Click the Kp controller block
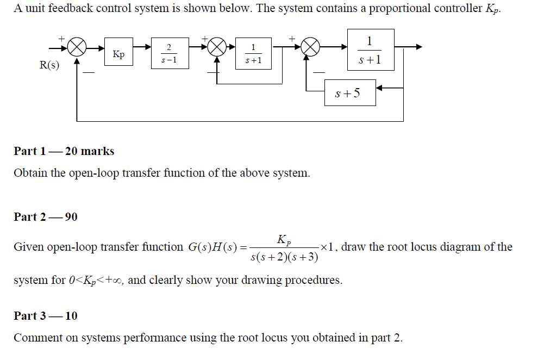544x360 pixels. click(118, 54)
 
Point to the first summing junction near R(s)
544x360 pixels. click(77, 48)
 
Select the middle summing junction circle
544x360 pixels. click(217, 48)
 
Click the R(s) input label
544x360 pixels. click(50, 65)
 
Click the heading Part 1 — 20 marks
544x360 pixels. click(64, 151)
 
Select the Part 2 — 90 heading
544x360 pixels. click(46, 217)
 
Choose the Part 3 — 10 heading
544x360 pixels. click(46, 316)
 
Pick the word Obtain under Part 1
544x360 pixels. click(30, 173)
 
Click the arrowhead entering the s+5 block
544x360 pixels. click(379, 88)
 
